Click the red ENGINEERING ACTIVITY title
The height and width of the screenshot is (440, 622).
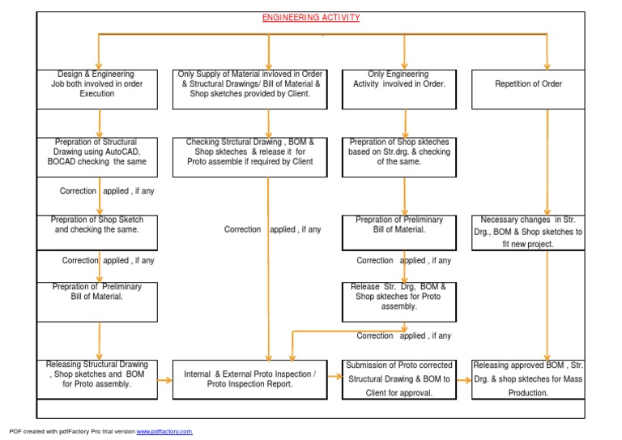(x=311, y=18)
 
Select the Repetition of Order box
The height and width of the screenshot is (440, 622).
(x=528, y=89)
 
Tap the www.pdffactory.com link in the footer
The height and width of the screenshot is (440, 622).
(x=164, y=431)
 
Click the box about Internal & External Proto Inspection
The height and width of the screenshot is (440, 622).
(x=250, y=379)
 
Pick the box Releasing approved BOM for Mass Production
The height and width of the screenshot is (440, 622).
(x=528, y=379)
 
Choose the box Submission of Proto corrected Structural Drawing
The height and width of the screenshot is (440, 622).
(x=399, y=379)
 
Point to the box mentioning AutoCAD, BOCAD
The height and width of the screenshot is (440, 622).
(x=97, y=157)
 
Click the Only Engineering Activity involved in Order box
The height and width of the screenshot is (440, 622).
(x=399, y=89)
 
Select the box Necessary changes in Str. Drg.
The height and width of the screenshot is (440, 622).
(x=528, y=233)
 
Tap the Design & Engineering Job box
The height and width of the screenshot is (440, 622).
(x=97, y=89)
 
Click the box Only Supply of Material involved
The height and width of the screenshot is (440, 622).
(x=250, y=89)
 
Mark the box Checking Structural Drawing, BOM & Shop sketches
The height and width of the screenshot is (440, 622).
(x=250, y=157)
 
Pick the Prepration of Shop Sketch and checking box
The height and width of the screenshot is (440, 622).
(x=97, y=233)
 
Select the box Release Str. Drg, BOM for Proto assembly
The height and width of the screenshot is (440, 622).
(x=399, y=302)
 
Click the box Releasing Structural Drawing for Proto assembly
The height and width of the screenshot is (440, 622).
(x=97, y=379)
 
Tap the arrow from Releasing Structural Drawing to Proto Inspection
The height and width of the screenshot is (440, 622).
(x=164, y=380)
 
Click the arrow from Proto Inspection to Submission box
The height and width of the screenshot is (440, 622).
(x=334, y=376)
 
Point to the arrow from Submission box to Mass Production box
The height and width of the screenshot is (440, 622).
(x=464, y=380)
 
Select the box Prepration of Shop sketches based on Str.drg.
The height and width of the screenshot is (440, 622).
(x=399, y=157)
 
